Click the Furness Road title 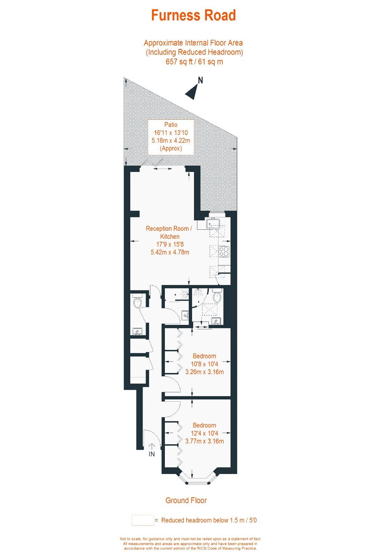(x=193, y=15)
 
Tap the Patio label (x=171, y=125)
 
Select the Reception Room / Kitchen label (x=169, y=232)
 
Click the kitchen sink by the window (x=213, y=223)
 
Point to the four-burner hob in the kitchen (x=224, y=251)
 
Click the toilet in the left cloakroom (x=137, y=300)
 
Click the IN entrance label (x=152, y=454)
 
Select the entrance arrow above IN (x=152, y=447)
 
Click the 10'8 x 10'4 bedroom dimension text (x=204, y=364)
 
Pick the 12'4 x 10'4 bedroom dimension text (x=204, y=433)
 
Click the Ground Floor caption (x=186, y=500)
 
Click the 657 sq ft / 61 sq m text (x=194, y=61)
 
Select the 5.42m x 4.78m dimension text (x=170, y=252)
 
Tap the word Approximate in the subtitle (x=163, y=43)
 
